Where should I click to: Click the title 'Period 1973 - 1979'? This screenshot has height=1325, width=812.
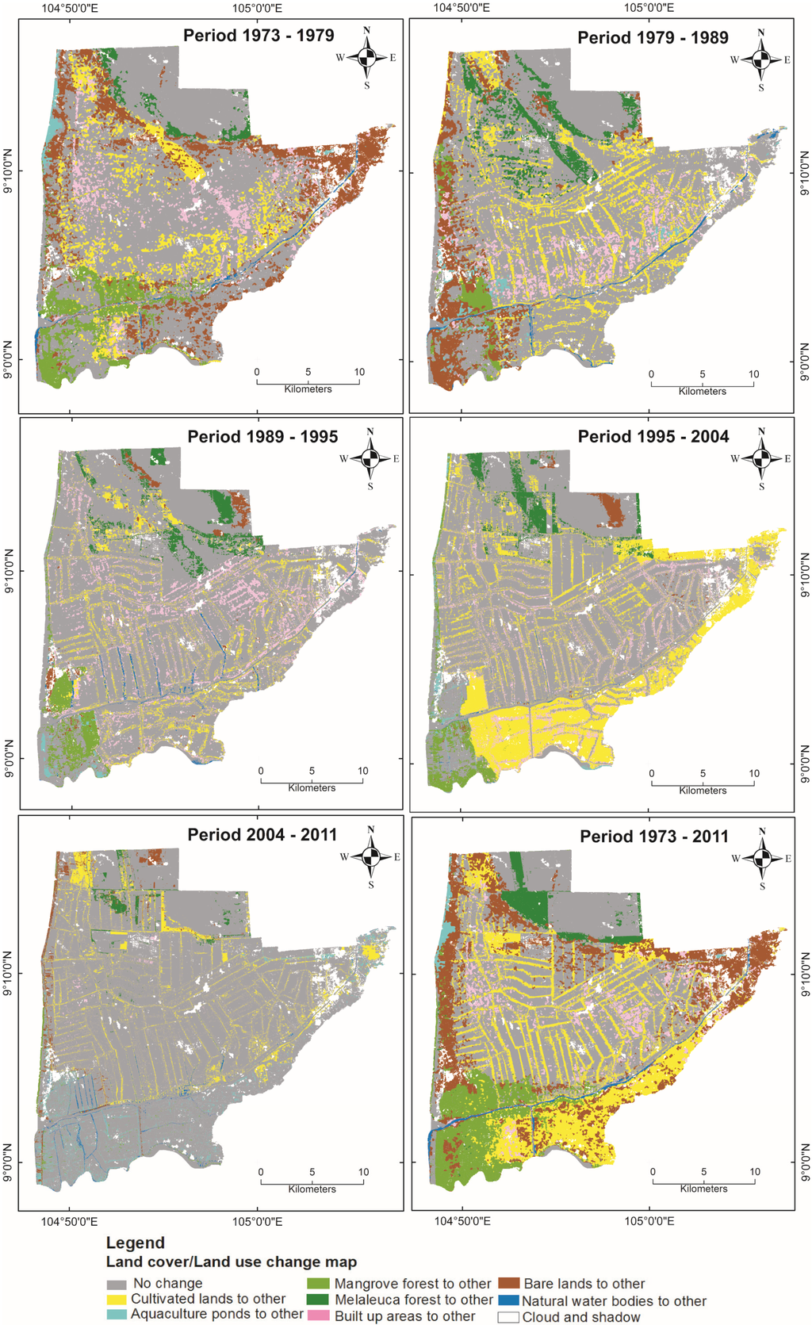[x=259, y=36]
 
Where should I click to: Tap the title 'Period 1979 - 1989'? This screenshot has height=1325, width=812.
[x=653, y=38]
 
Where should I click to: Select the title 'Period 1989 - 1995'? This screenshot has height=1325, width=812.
[x=262, y=437]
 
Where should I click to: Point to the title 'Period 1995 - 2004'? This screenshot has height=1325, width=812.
[x=653, y=437]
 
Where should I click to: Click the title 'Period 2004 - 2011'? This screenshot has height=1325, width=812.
[x=262, y=835]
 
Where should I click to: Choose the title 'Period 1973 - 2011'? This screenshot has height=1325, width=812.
[x=654, y=837]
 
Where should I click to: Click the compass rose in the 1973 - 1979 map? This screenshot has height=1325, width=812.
[x=366, y=58]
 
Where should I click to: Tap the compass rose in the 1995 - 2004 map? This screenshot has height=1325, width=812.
[x=761, y=458]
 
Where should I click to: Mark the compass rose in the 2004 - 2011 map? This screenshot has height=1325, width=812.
[x=370, y=856]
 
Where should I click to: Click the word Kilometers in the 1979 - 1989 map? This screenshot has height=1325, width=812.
[x=702, y=392]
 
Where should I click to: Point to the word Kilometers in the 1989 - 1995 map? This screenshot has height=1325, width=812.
[x=312, y=788]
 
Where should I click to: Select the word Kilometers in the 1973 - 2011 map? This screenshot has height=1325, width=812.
[x=703, y=1189]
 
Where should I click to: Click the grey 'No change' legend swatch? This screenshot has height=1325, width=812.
[x=117, y=1284]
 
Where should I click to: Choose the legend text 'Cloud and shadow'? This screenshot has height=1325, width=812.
[x=581, y=1317]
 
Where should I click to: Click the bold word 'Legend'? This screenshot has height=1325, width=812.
[x=136, y=1243]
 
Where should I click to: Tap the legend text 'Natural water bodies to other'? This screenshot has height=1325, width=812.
[x=614, y=1301]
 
